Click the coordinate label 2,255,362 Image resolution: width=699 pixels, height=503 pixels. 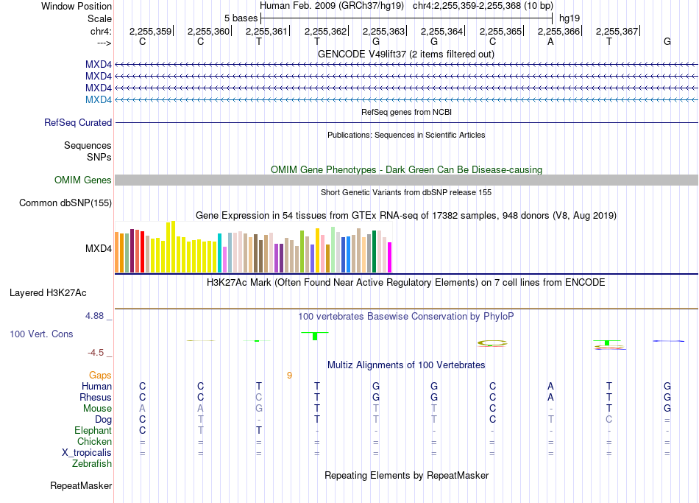pyautogui.click(x=325, y=31)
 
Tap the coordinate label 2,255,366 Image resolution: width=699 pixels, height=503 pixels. pyautogui.click(x=558, y=31)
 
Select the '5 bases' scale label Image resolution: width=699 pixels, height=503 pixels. pyautogui.click(x=241, y=18)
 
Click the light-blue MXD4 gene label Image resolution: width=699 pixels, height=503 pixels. pyautogui.click(x=99, y=99)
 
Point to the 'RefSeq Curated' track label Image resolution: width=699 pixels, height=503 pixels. pyautogui.click(x=78, y=122)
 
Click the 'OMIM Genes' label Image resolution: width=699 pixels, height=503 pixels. pyautogui.click(x=83, y=180)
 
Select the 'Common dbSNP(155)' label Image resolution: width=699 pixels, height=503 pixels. pyautogui.click(x=65, y=203)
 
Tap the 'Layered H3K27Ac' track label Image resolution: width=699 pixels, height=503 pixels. pyautogui.click(x=48, y=293)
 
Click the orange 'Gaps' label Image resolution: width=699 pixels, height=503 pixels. pyautogui.click(x=100, y=376)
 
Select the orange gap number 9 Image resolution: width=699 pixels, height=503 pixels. pyautogui.click(x=289, y=376)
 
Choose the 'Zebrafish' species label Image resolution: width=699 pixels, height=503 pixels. pyautogui.click(x=92, y=464)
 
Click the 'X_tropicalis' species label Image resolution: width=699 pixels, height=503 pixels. pyautogui.click(x=87, y=453)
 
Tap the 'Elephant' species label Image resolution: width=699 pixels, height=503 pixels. pyautogui.click(x=93, y=430)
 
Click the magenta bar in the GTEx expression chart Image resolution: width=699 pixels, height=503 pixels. pyautogui.click(x=390, y=257)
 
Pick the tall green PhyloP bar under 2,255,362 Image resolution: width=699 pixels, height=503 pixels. pyautogui.click(x=315, y=336)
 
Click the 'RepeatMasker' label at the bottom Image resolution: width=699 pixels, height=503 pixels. pyautogui.click(x=81, y=485)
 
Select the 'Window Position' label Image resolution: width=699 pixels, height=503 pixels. pyautogui.click(x=77, y=6)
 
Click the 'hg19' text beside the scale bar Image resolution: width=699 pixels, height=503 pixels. pyautogui.click(x=570, y=18)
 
